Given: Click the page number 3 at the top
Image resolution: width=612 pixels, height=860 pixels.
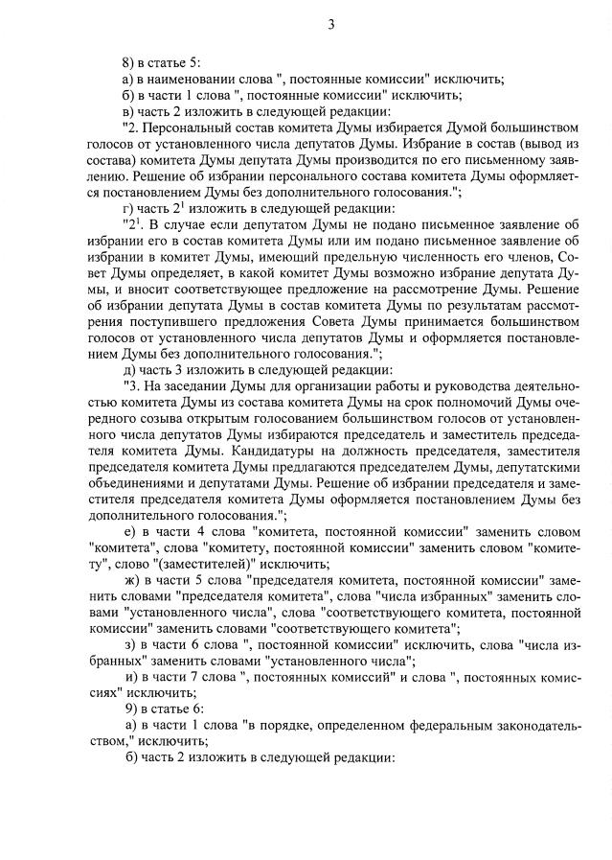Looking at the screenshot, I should point(330,25).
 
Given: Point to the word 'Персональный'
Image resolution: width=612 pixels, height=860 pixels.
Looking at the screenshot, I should point(192,128).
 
